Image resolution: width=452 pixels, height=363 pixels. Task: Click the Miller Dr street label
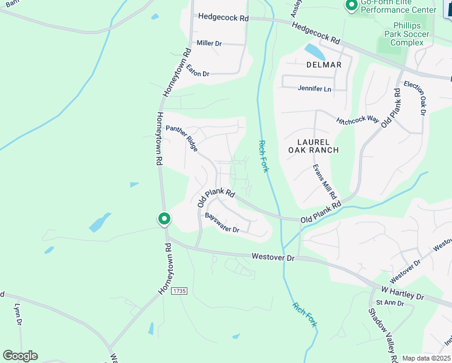click(x=209, y=44)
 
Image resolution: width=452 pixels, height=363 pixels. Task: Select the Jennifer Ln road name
click(x=314, y=89)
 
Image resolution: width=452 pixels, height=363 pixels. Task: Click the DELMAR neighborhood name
click(x=323, y=65)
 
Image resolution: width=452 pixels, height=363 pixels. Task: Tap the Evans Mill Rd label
click(x=324, y=181)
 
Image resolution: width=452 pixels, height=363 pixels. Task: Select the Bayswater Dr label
click(x=222, y=223)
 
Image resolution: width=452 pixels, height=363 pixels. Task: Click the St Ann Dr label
click(x=386, y=302)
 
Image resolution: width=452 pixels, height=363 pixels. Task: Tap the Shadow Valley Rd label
click(x=382, y=331)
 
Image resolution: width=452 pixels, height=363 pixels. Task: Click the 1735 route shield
click(x=179, y=291)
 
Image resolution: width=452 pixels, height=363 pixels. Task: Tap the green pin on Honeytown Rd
click(x=163, y=218)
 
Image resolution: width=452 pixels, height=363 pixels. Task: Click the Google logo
click(x=20, y=356)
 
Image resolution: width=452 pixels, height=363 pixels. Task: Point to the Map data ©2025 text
click(x=426, y=358)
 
